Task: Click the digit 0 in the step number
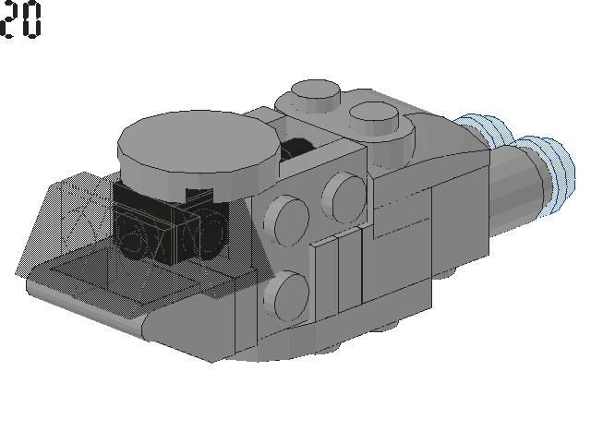click(31, 19)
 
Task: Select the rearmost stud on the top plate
click(316, 95)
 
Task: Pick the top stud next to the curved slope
click(374, 117)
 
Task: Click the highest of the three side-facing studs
click(344, 197)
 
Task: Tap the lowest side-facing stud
click(287, 296)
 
